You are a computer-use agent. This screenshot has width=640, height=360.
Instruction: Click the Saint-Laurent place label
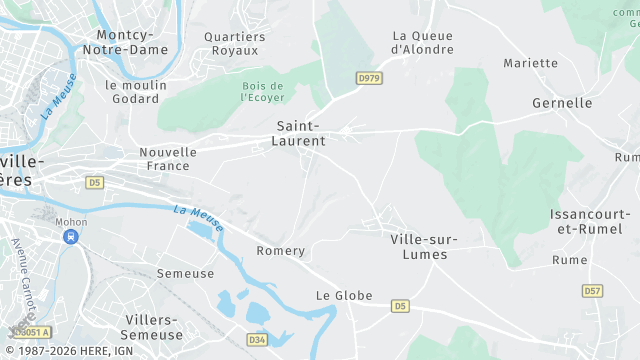point(298,133)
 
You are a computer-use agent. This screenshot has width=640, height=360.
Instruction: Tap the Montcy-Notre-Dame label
point(125,41)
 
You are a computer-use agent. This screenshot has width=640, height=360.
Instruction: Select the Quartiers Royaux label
point(235,44)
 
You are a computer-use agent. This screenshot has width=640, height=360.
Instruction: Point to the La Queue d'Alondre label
point(422,42)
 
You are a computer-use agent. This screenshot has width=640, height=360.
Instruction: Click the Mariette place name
point(530,63)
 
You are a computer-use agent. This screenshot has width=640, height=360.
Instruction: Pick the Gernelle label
point(562,103)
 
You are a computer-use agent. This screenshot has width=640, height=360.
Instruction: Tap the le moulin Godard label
point(137,92)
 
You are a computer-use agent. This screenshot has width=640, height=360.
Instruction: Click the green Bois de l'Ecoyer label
point(263,93)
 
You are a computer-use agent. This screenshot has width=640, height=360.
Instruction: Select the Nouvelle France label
point(168,159)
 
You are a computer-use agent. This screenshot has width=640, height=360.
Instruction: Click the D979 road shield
point(370,77)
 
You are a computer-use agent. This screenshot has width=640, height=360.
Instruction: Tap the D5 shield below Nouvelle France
point(94,182)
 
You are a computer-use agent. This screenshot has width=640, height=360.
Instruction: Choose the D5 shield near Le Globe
point(400,305)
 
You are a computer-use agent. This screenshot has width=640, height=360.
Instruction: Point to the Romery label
point(280,251)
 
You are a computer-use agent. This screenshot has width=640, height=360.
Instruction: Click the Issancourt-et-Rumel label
point(590,222)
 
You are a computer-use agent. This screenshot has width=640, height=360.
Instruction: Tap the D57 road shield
point(593,291)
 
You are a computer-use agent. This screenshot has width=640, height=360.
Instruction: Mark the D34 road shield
point(256,340)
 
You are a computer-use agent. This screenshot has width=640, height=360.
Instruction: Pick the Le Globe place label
point(344,296)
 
